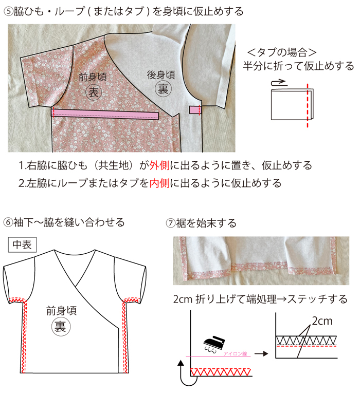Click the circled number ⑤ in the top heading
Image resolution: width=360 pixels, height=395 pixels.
pos(8,12)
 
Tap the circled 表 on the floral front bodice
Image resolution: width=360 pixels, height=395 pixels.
pos(94,92)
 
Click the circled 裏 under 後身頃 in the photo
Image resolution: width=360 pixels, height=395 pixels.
pos(163,89)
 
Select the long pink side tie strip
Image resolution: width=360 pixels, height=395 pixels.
pos(105,114)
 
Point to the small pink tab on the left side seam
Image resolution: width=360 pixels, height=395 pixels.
pos(194,110)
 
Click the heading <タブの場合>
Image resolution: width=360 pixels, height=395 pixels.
pos(281,52)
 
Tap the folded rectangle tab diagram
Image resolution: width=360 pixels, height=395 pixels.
pos(292,105)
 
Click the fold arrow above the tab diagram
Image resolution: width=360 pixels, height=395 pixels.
pos(279,83)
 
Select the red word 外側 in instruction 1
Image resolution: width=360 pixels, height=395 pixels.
pos(159,165)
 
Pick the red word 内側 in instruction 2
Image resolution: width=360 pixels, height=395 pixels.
pos(159,183)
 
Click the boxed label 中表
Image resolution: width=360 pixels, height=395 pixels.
pos(23,244)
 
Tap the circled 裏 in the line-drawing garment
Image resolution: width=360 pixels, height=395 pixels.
pos(61,327)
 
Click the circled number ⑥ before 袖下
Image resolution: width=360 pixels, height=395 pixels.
pos(8,222)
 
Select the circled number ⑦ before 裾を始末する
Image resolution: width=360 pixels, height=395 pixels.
pos(171,223)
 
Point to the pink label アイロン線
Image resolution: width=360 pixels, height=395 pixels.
pos(235,354)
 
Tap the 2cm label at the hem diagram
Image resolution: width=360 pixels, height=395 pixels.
pos(322,321)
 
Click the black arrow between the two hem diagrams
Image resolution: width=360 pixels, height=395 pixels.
pos(261,354)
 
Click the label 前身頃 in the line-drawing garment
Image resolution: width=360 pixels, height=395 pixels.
pos(61,311)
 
